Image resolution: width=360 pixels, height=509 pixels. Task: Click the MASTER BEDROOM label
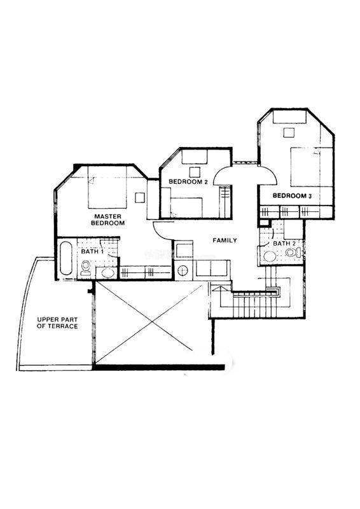point(107,220)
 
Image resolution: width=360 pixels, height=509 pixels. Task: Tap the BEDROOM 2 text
point(188,182)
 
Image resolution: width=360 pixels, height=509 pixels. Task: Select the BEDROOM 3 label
point(292,196)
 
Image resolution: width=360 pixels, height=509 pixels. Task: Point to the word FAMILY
point(225,241)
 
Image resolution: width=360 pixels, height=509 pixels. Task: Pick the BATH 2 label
point(284,244)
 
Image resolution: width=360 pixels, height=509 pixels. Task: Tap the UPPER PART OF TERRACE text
point(57,323)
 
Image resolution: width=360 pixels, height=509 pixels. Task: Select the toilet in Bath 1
point(86,268)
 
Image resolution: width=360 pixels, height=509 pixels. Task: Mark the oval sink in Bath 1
point(107,273)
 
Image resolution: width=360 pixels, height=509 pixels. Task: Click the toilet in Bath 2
point(293,252)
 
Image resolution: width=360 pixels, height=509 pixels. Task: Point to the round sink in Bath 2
point(270,256)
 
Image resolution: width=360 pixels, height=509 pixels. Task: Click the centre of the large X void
point(151,322)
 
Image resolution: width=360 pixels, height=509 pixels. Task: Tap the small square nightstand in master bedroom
point(140,197)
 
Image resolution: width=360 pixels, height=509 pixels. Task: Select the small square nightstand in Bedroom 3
point(289,132)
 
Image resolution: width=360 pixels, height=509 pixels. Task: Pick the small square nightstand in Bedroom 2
point(195,172)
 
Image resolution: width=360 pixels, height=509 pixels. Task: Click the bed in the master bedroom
point(107,188)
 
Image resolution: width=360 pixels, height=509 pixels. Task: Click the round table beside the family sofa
point(183,270)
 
